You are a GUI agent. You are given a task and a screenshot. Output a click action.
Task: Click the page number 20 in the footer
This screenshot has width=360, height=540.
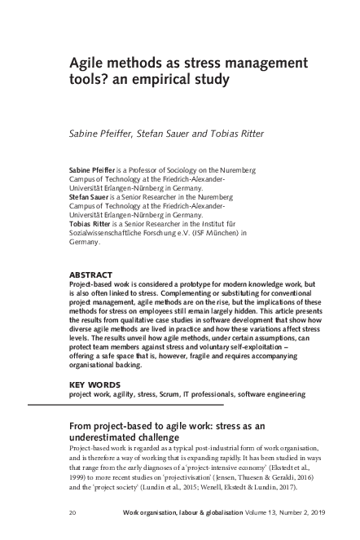point(74,513)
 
